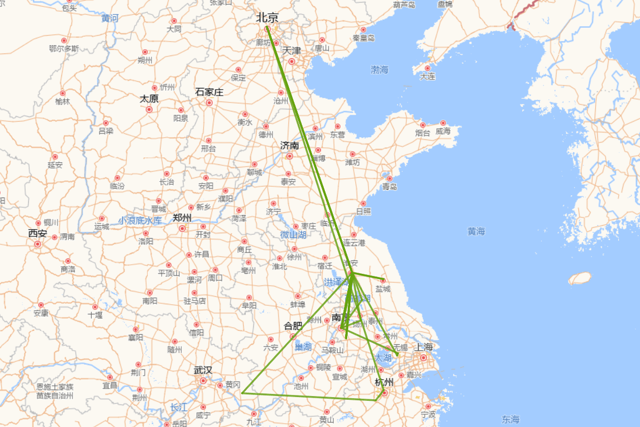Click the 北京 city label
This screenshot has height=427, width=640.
point(267,18)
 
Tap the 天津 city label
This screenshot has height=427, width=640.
point(292,51)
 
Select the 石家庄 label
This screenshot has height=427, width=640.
point(209,92)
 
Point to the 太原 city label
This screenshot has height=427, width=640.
point(149,99)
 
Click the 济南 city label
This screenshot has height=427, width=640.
point(290,146)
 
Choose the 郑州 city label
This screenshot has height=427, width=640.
point(182,218)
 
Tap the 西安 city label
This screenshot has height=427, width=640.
point(38,233)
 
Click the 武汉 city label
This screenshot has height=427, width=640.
point(203,370)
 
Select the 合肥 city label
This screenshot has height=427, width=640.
point(293,326)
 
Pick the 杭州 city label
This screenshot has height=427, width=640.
point(384,382)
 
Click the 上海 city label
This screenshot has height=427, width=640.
point(424,347)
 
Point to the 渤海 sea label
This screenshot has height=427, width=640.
point(380,70)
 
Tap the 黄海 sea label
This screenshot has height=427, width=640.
point(476,231)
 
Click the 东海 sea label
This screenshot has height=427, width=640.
point(510,420)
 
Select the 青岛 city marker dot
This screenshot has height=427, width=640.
point(389,178)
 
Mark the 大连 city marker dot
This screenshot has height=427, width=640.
point(428,68)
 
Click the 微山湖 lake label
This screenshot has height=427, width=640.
point(293,235)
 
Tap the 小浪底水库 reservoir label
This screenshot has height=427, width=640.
point(140,220)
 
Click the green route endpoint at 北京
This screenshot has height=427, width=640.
point(267,28)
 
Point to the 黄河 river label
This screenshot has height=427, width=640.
point(110,19)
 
